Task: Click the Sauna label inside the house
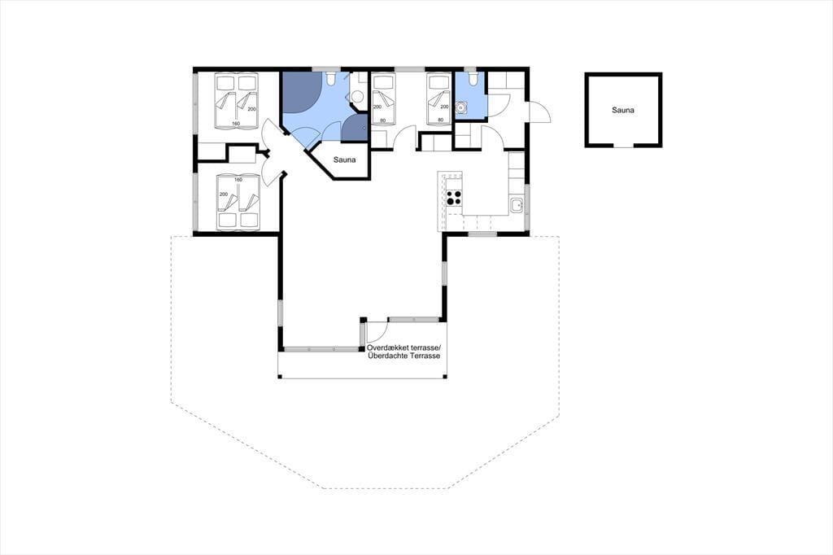(x=344, y=160)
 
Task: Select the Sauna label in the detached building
(x=622, y=110)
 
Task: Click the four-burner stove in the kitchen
(x=454, y=197)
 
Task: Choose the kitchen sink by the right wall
(x=517, y=205)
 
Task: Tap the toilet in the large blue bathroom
(x=330, y=79)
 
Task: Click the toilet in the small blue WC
(x=473, y=79)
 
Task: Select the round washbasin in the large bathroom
(x=358, y=96)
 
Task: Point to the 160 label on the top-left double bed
(x=236, y=124)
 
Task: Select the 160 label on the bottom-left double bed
(x=238, y=180)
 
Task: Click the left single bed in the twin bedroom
(x=383, y=99)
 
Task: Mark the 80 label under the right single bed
(x=440, y=120)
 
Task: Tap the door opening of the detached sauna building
(x=623, y=145)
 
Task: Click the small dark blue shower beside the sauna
(x=354, y=129)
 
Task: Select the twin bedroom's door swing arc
(x=406, y=138)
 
